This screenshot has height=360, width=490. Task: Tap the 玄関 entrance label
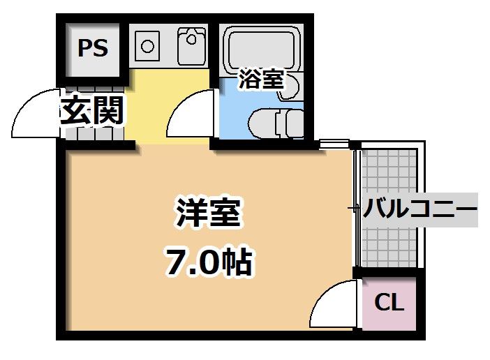[91, 110]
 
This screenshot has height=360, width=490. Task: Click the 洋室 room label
[208, 213]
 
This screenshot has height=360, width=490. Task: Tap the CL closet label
[389, 303]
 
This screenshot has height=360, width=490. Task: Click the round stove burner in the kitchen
[147, 46]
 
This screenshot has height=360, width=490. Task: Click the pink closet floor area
[389, 317]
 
